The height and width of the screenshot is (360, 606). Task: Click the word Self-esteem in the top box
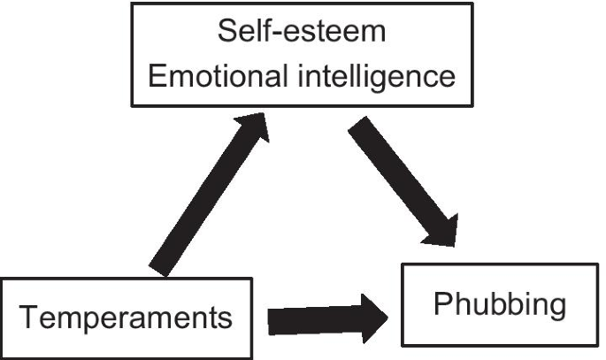302,34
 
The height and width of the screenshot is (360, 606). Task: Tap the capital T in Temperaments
31,317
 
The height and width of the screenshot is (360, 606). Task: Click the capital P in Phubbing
441,303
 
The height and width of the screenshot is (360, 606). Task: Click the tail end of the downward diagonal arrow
362,128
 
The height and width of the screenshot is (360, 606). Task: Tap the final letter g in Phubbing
555,307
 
